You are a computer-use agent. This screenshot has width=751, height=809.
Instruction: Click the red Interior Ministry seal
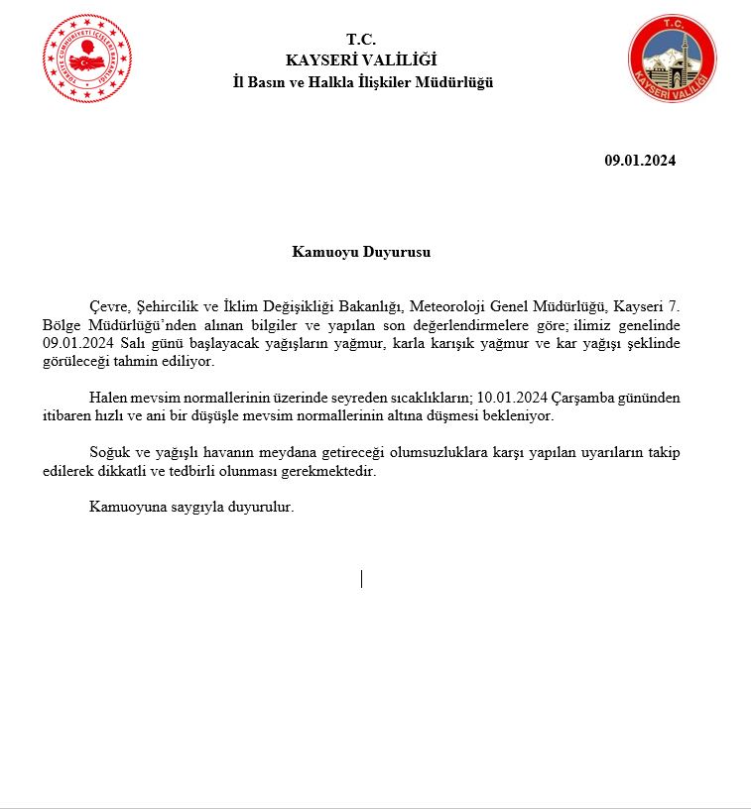click(86, 58)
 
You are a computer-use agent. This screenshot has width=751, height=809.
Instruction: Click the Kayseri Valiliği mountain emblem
click(672, 58)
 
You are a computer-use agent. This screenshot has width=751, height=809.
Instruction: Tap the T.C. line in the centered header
click(361, 40)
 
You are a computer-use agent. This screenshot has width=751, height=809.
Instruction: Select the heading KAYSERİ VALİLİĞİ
click(361, 60)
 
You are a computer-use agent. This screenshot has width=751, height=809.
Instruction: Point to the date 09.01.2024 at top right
click(640, 161)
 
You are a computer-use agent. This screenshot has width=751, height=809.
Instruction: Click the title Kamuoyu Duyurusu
click(361, 252)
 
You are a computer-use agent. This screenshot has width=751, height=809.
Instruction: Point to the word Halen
click(109, 398)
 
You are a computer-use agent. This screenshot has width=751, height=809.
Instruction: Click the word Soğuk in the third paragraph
click(109, 452)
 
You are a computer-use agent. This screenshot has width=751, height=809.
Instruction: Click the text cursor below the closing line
click(361, 578)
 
